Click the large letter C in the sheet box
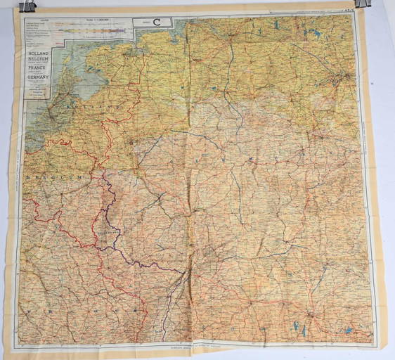click(157, 21)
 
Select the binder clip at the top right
click(363, 4)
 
